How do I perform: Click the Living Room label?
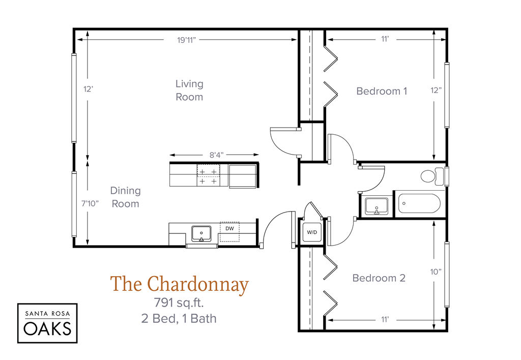pyautogui.click(x=189, y=90)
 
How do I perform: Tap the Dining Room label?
pyautogui.click(x=125, y=197)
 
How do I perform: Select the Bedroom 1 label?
pyautogui.click(x=382, y=91)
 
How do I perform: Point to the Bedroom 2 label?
pyautogui.click(x=379, y=278)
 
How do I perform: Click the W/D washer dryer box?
pyautogui.click(x=311, y=232)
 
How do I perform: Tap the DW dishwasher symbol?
pyautogui.click(x=229, y=228)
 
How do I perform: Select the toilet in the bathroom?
pyautogui.click(x=431, y=176)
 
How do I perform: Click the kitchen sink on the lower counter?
pyautogui.click(x=201, y=233)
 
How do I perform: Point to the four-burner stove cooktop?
pyautogui.click(x=208, y=176)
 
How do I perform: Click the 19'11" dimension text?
pyautogui.click(x=187, y=40)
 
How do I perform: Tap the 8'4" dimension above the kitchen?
pyautogui.click(x=215, y=155)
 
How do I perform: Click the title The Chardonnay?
pyautogui.click(x=179, y=285)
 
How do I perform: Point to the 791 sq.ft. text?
pyautogui.click(x=179, y=304)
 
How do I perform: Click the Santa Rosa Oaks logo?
pyautogui.click(x=47, y=323)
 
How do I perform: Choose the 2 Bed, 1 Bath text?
pyautogui.click(x=179, y=319)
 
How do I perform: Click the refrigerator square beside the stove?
pyautogui.click(x=242, y=176)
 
